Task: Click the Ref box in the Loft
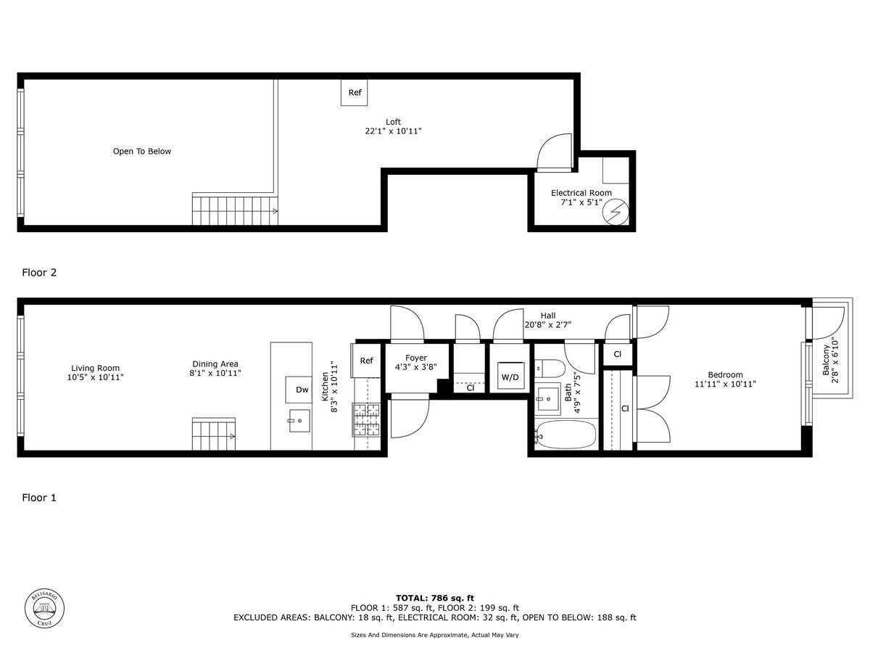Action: pos(355,92)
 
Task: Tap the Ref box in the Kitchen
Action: pos(366,361)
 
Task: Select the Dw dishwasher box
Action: pos(302,390)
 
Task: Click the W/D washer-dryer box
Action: pos(510,377)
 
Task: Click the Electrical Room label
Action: pos(581,193)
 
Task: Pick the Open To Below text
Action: pos(142,152)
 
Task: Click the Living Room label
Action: pos(95,368)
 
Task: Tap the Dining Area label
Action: pos(215,364)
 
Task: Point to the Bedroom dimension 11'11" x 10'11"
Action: pos(725,385)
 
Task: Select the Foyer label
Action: pos(416,358)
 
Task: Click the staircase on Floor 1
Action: pos(214,434)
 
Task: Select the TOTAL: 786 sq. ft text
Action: pos(435,598)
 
